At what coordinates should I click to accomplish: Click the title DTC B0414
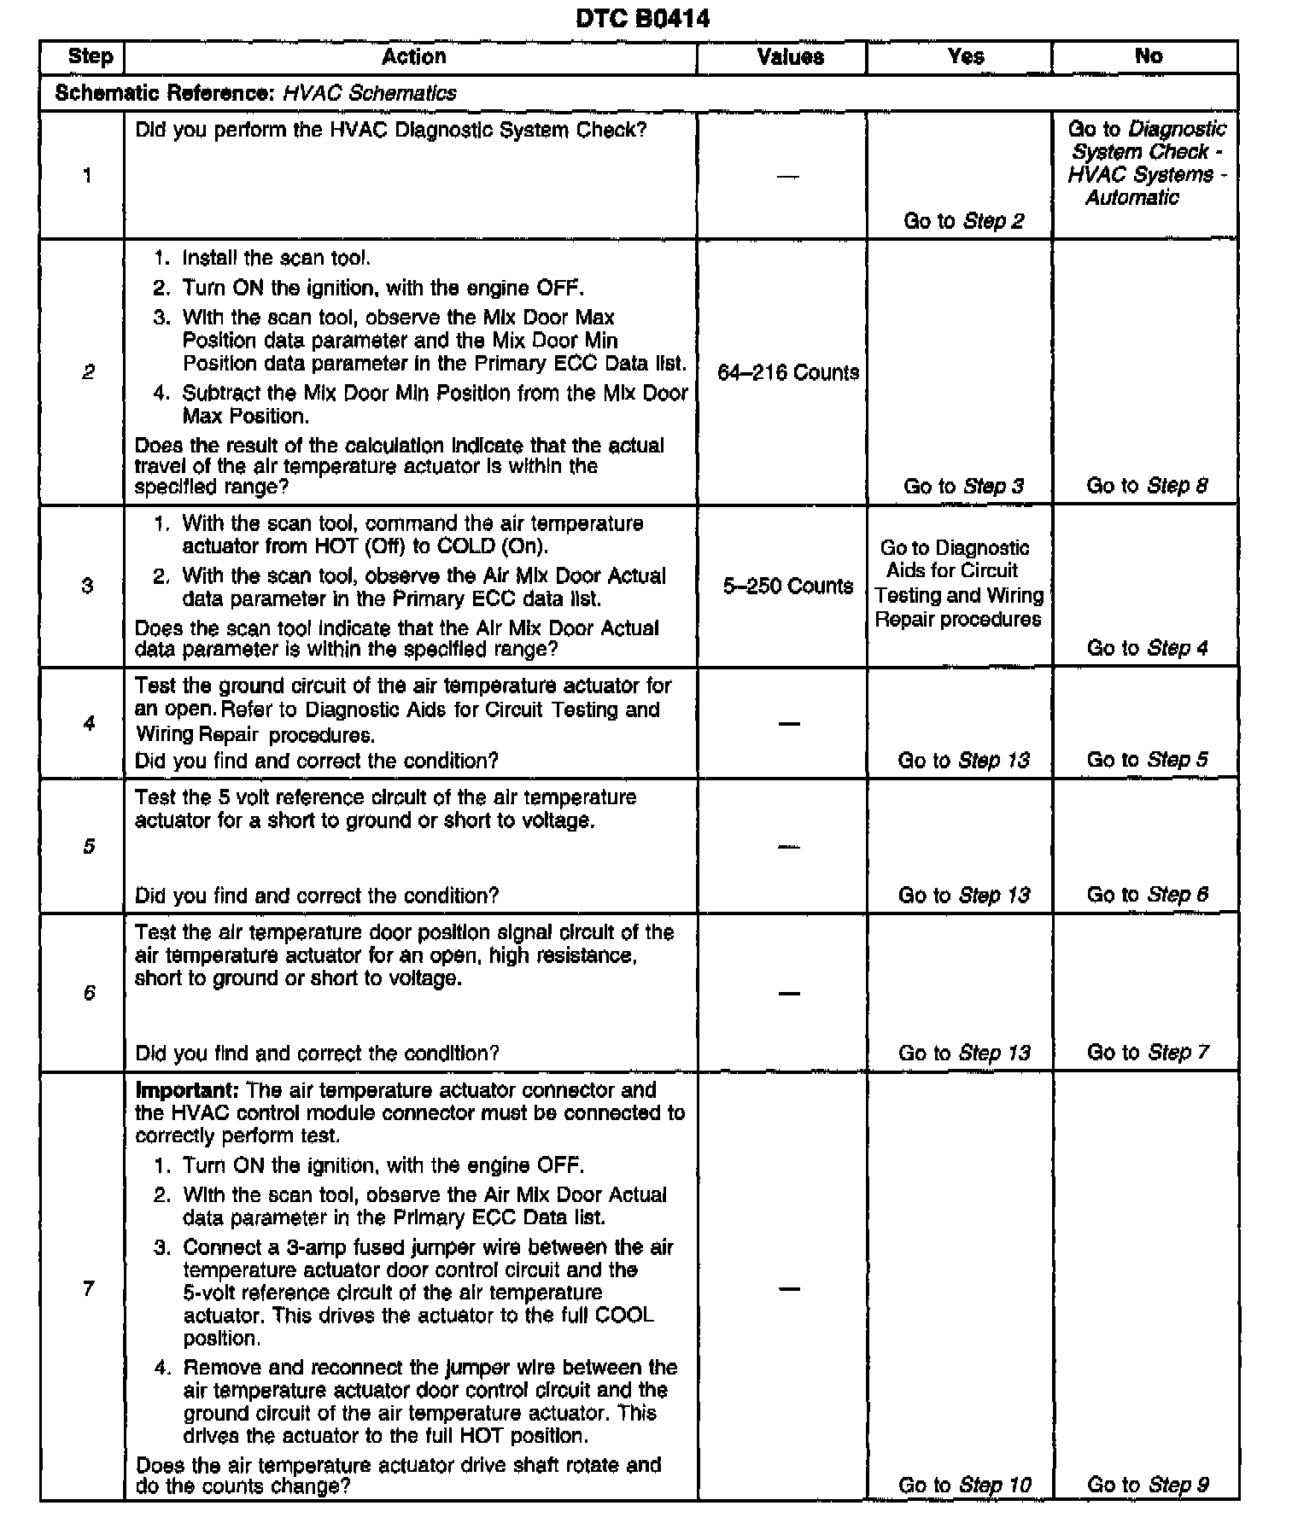[x=642, y=18]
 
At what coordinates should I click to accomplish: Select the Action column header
[x=413, y=57]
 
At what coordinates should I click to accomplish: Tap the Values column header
[x=790, y=57]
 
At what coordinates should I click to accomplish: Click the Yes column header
[x=966, y=57]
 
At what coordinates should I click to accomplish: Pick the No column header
[x=1148, y=56]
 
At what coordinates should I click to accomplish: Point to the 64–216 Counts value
[x=788, y=373]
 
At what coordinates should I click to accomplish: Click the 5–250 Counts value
[x=788, y=587]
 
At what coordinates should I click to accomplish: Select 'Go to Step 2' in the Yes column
[x=963, y=221]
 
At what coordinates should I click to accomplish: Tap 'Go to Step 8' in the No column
[x=1147, y=486]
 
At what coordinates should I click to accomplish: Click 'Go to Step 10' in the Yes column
[x=965, y=1485]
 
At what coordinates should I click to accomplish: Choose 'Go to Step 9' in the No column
[x=1148, y=1485]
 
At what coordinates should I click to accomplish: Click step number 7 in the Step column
[x=88, y=1288]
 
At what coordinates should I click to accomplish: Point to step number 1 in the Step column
[x=87, y=177]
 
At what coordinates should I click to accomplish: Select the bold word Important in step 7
[x=187, y=1090]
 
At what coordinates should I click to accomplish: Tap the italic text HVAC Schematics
[x=370, y=93]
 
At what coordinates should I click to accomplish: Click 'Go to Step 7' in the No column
[x=1148, y=1053]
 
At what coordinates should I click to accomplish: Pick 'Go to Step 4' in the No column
[x=1147, y=648]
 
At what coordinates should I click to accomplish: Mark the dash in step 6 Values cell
[x=789, y=994]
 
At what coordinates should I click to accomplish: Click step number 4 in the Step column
[x=89, y=724]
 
